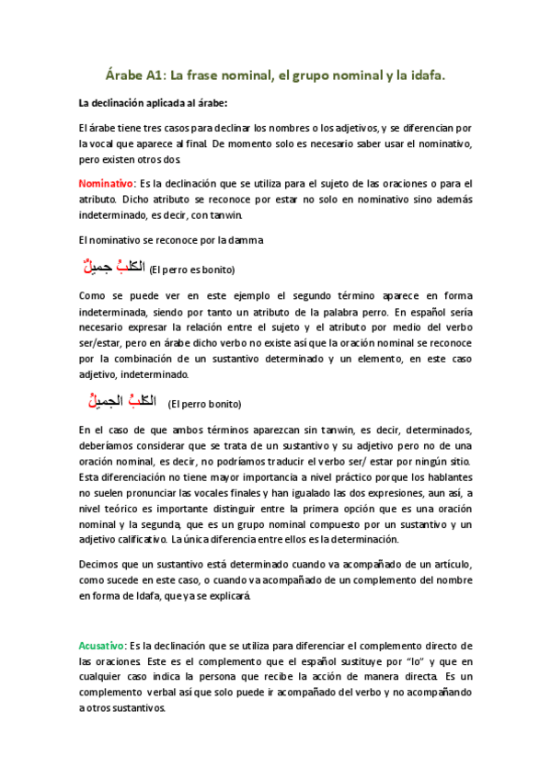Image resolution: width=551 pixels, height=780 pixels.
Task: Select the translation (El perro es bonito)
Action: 192,270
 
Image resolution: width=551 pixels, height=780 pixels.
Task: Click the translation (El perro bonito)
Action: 204,404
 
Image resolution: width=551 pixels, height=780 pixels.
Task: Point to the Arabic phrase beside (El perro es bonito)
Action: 111,268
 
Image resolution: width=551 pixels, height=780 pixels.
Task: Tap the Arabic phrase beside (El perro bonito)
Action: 115,401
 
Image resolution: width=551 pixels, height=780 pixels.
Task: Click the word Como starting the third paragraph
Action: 93,296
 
